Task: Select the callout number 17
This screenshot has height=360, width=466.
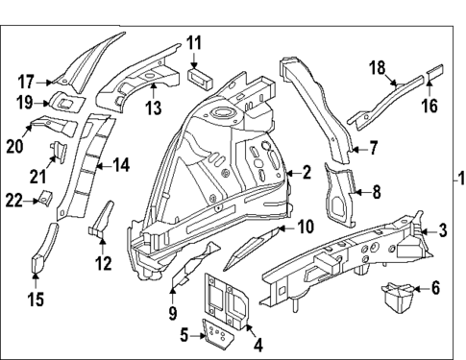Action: [26, 81]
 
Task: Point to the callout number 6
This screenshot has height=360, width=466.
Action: [434, 287]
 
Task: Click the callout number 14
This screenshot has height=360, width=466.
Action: [120, 165]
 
